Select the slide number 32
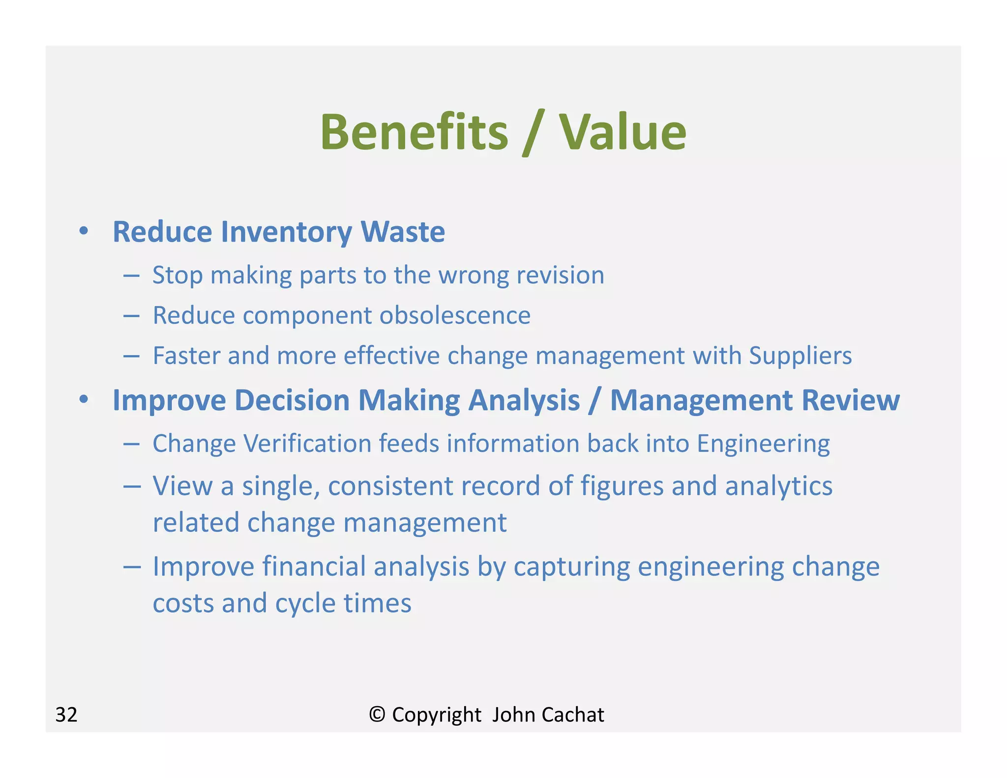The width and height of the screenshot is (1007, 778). [66, 715]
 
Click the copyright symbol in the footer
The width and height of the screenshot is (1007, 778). [377, 714]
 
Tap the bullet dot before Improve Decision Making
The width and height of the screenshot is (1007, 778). [84, 399]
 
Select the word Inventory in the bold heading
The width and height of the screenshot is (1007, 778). [286, 232]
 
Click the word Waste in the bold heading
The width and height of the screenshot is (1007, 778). [403, 232]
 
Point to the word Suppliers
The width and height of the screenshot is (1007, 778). [800, 356]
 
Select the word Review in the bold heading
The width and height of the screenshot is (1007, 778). [850, 400]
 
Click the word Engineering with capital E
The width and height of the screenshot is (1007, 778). [763, 444]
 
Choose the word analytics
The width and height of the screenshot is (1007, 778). [778, 486]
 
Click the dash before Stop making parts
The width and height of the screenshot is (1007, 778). [132, 276]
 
